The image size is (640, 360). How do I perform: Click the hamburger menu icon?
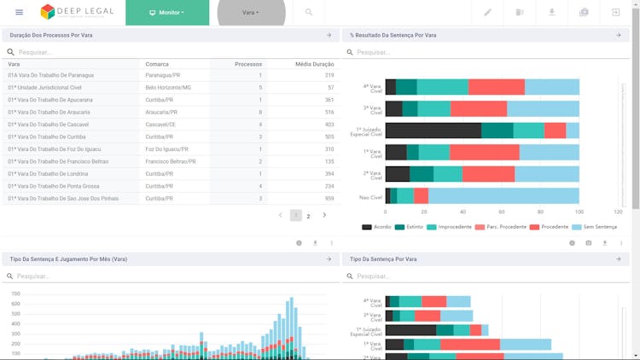20,13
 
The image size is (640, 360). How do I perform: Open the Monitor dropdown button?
166,13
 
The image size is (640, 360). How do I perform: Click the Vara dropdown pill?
250,13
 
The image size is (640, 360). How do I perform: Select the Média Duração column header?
314,64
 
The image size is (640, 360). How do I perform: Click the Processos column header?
248,64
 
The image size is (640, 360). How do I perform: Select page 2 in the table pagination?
309,216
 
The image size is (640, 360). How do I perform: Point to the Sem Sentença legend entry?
600,227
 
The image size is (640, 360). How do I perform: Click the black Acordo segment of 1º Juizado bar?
433,131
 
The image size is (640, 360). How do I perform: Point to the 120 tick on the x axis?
617,212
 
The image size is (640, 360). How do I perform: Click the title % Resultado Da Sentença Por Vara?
393,36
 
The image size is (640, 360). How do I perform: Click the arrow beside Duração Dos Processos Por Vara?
329,36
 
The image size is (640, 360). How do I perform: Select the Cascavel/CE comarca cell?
161,125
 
